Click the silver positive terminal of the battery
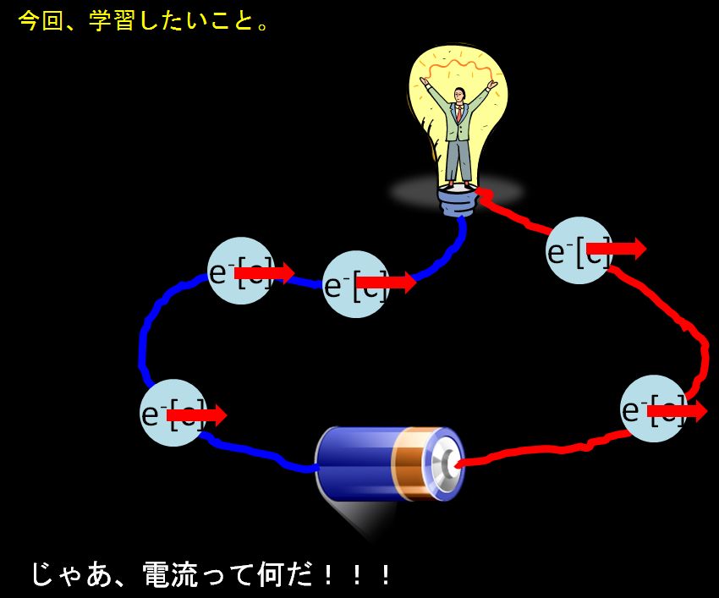pos(445,464)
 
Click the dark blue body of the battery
pos(355,461)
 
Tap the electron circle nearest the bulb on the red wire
pos(579,250)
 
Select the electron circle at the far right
pos(653,409)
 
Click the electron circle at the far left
pos(173,414)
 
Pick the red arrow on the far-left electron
pos(196,415)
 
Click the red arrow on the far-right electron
pos(677,411)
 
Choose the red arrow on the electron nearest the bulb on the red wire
pos(616,249)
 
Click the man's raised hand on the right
pos(492,85)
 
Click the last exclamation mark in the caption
pos(385,574)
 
